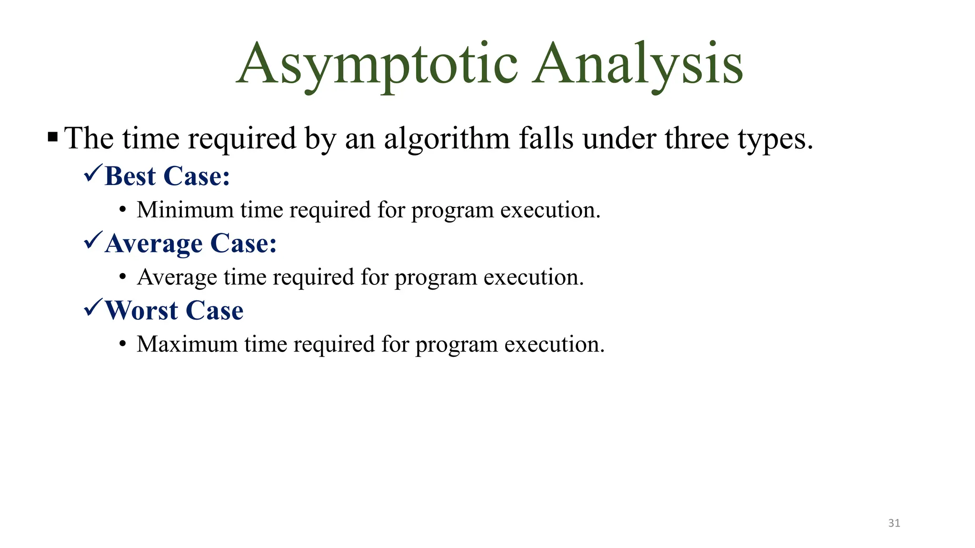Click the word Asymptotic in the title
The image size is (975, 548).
pyautogui.click(x=377, y=64)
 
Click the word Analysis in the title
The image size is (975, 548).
pyautogui.click(x=637, y=64)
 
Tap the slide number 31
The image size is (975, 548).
pyautogui.click(x=894, y=523)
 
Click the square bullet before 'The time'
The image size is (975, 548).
pyautogui.click(x=53, y=138)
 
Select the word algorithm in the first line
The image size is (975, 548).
pyautogui.click(x=447, y=139)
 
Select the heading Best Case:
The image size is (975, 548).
pyautogui.click(x=167, y=176)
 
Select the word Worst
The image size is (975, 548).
pyautogui.click(x=141, y=311)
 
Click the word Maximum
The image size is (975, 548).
pyautogui.click(x=187, y=344)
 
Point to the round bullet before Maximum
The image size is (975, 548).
pyautogui.click(x=123, y=344)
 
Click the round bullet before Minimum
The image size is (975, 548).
pyautogui.click(x=123, y=210)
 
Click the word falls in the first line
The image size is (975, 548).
pyautogui.click(x=547, y=138)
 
